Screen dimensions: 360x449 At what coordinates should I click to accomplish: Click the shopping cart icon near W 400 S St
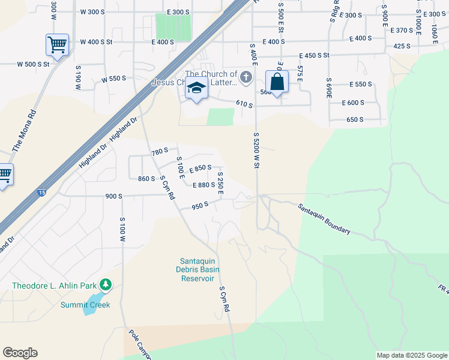[x=57, y=44]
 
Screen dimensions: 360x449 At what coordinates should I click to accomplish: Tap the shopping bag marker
[x=277, y=82]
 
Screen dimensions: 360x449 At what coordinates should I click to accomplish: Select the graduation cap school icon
[x=196, y=88]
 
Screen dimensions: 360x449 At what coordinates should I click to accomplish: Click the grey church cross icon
[x=246, y=77]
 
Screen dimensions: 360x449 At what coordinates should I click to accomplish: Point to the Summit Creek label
[x=85, y=305]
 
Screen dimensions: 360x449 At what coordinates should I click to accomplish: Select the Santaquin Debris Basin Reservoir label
[x=197, y=269]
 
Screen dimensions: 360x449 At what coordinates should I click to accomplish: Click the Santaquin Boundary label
[x=324, y=218]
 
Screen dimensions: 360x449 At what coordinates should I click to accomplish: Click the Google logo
[x=20, y=352]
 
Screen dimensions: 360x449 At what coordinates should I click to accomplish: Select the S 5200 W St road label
[x=256, y=151]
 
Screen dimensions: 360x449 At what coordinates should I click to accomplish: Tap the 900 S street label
[x=113, y=196]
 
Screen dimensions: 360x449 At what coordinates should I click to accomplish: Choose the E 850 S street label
[x=200, y=168]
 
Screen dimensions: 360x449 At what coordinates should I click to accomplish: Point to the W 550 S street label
[x=114, y=79]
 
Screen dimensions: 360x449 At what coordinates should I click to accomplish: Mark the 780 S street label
[x=160, y=152]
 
